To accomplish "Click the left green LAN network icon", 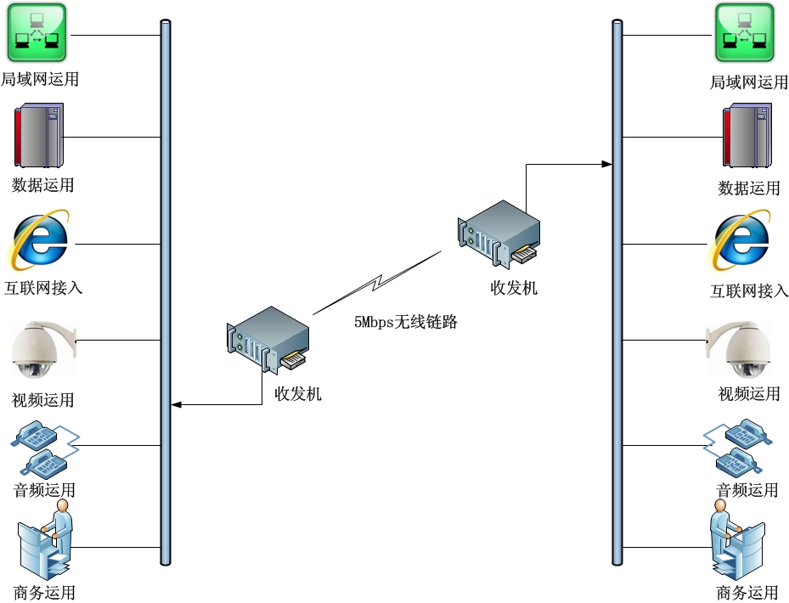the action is click(x=37, y=33).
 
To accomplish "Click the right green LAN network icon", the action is click(x=744, y=33).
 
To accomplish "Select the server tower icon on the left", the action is click(x=39, y=135).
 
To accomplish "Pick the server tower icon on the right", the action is click(x=747, y=135).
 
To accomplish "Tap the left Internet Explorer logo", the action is click(x=38, y=240).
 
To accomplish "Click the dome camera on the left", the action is click(x=42, y=349).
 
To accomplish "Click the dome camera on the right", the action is click(x=738, y=349).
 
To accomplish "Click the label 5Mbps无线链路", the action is click(x=406, y=322).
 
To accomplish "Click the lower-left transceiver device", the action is click(x=268, y=341).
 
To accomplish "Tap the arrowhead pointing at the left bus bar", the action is click(x=176, y=404).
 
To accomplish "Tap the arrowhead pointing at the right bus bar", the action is click(x=607, y=164).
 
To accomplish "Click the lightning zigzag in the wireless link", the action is click(x=377, y=283).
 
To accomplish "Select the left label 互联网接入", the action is click(x=43, y=288).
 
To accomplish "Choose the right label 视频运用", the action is click(x=749, y=393).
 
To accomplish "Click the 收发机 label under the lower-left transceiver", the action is click(x=298, y=393).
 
